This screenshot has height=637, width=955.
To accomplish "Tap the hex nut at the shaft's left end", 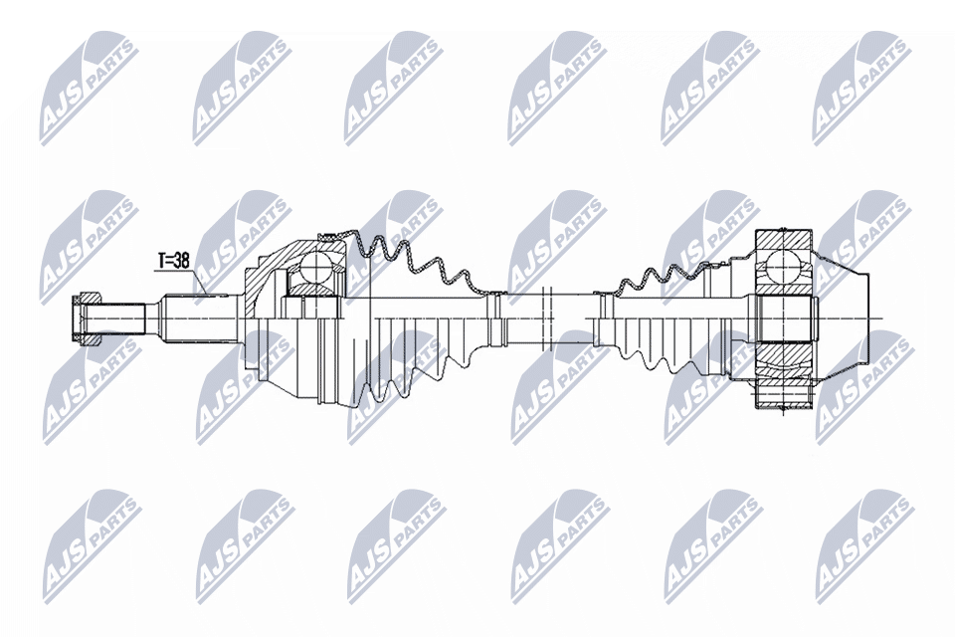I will point(87,318).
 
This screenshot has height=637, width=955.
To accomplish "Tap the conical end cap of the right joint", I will point(846,318).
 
